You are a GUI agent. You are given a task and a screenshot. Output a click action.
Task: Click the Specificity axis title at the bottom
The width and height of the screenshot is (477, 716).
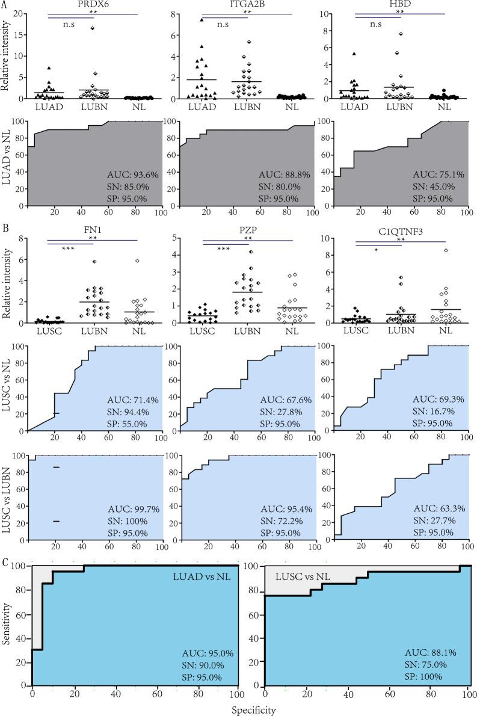coord(254,710)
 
